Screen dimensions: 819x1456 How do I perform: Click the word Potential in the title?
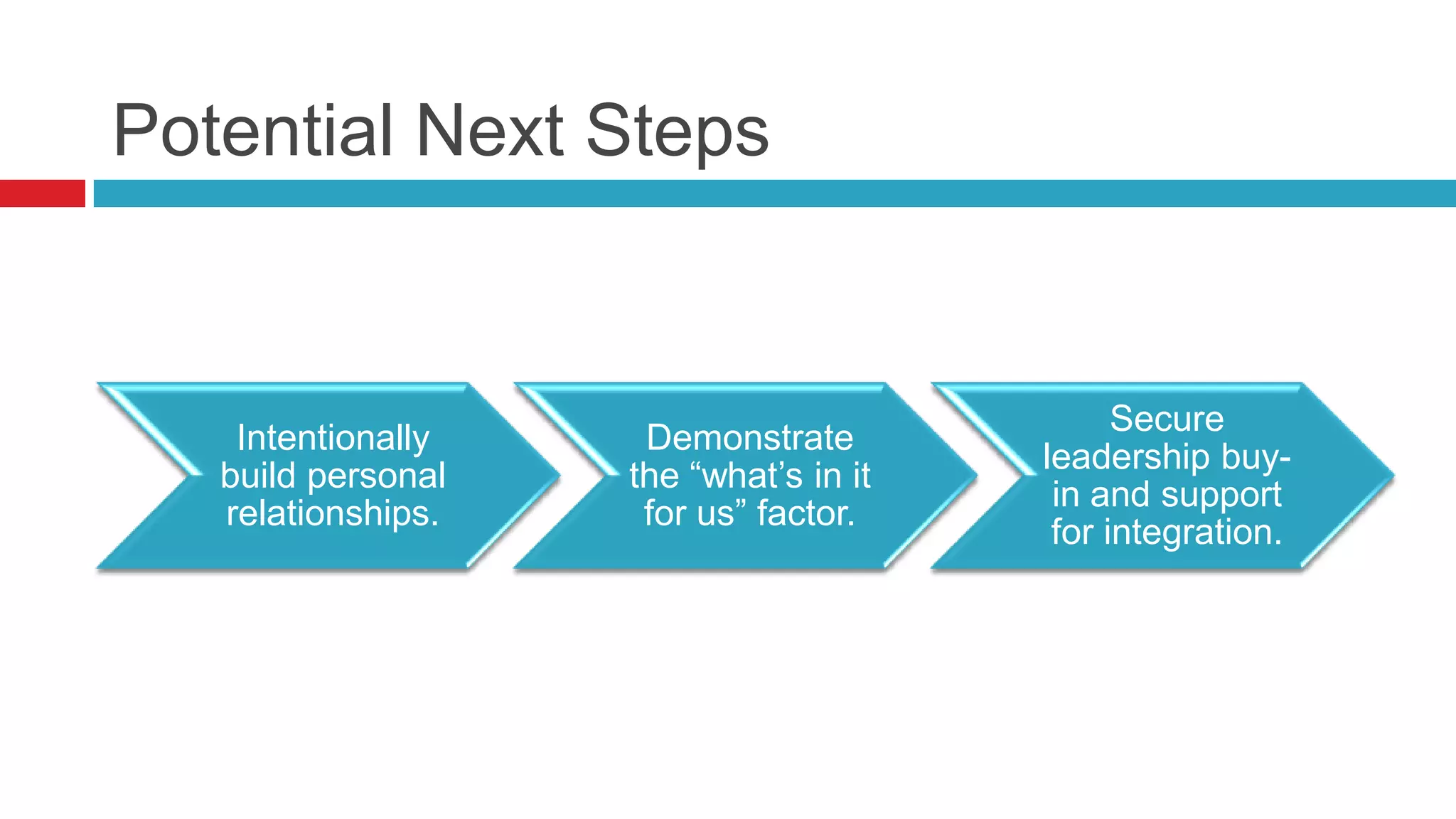click(252, 132)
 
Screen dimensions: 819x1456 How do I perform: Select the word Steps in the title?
click(677, 132)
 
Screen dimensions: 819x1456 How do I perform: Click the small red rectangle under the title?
click(42, 193)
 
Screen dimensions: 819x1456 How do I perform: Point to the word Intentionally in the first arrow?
click(333, 437)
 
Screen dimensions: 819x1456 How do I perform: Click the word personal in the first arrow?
click(377, 476)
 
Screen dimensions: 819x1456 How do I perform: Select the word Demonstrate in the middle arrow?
click(749, 437)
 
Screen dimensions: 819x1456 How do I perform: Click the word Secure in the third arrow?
click(1167, 418)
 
